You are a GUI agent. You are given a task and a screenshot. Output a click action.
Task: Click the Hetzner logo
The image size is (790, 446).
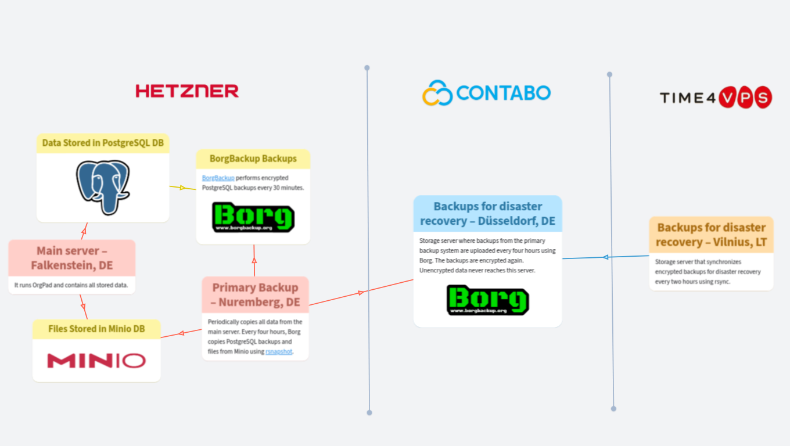click(x=187, y=91)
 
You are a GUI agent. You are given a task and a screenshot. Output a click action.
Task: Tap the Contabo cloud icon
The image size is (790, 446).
click(x=437, y=93)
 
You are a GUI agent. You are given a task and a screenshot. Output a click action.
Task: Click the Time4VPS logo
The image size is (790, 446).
click(x=716, y=98)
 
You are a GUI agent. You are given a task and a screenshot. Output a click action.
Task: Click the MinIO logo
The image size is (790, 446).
click(x=96, y=361)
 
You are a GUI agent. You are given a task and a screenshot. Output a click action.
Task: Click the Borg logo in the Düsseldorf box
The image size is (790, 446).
click(x=487, y=300)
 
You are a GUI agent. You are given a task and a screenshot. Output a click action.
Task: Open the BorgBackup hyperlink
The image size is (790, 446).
click(x=218, y=178)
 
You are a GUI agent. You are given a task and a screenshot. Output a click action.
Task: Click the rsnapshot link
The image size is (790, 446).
click(x=279, y=351)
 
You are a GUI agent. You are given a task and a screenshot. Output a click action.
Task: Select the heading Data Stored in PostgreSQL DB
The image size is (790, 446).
click(x=103, y=143)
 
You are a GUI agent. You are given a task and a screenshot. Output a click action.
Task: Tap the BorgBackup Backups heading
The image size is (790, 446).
click(x=253, y=159)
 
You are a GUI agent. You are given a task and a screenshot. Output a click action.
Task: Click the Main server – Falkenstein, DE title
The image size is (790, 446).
click(x=72, y=258)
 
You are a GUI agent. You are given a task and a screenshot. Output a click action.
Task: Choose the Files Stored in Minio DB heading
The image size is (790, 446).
click(x=96, y=329)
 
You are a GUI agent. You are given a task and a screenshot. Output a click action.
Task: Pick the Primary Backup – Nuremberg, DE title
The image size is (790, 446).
click(x=255, y=295)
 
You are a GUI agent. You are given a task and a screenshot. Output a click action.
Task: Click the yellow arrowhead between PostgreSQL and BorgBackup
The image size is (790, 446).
click(x=182, y=188)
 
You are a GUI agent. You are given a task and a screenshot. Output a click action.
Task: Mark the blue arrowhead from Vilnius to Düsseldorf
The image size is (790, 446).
click(x=605, y=257)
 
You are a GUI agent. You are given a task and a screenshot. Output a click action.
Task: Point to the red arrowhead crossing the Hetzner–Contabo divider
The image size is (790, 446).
click(x=361, y=292)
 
